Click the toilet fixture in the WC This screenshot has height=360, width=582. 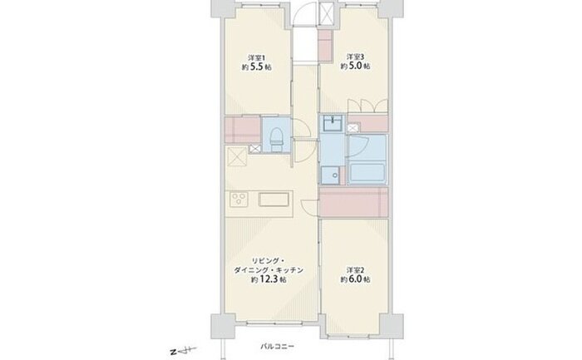pos(276,139)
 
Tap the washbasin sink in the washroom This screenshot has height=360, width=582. pos(333,123)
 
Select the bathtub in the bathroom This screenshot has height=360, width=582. pos(367,173)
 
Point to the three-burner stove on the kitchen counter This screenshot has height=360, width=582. pos(239,199)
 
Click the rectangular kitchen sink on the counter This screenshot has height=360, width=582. pos(274,199)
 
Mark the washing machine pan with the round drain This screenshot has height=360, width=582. pos(330,175)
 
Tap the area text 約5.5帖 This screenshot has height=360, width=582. pos(256,67)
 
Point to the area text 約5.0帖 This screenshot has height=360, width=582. pos(355,66)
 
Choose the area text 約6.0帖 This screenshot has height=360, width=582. pos(355,279)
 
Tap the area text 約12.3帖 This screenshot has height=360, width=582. pos(269,279)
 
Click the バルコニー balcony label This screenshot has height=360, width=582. pos(277,346)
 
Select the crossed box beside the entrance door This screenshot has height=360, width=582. pos(327,14)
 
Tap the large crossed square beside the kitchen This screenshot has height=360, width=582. pos(237,156)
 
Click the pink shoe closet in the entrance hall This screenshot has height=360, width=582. pos(326,45)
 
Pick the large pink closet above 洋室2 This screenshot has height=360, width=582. pos(353,202)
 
